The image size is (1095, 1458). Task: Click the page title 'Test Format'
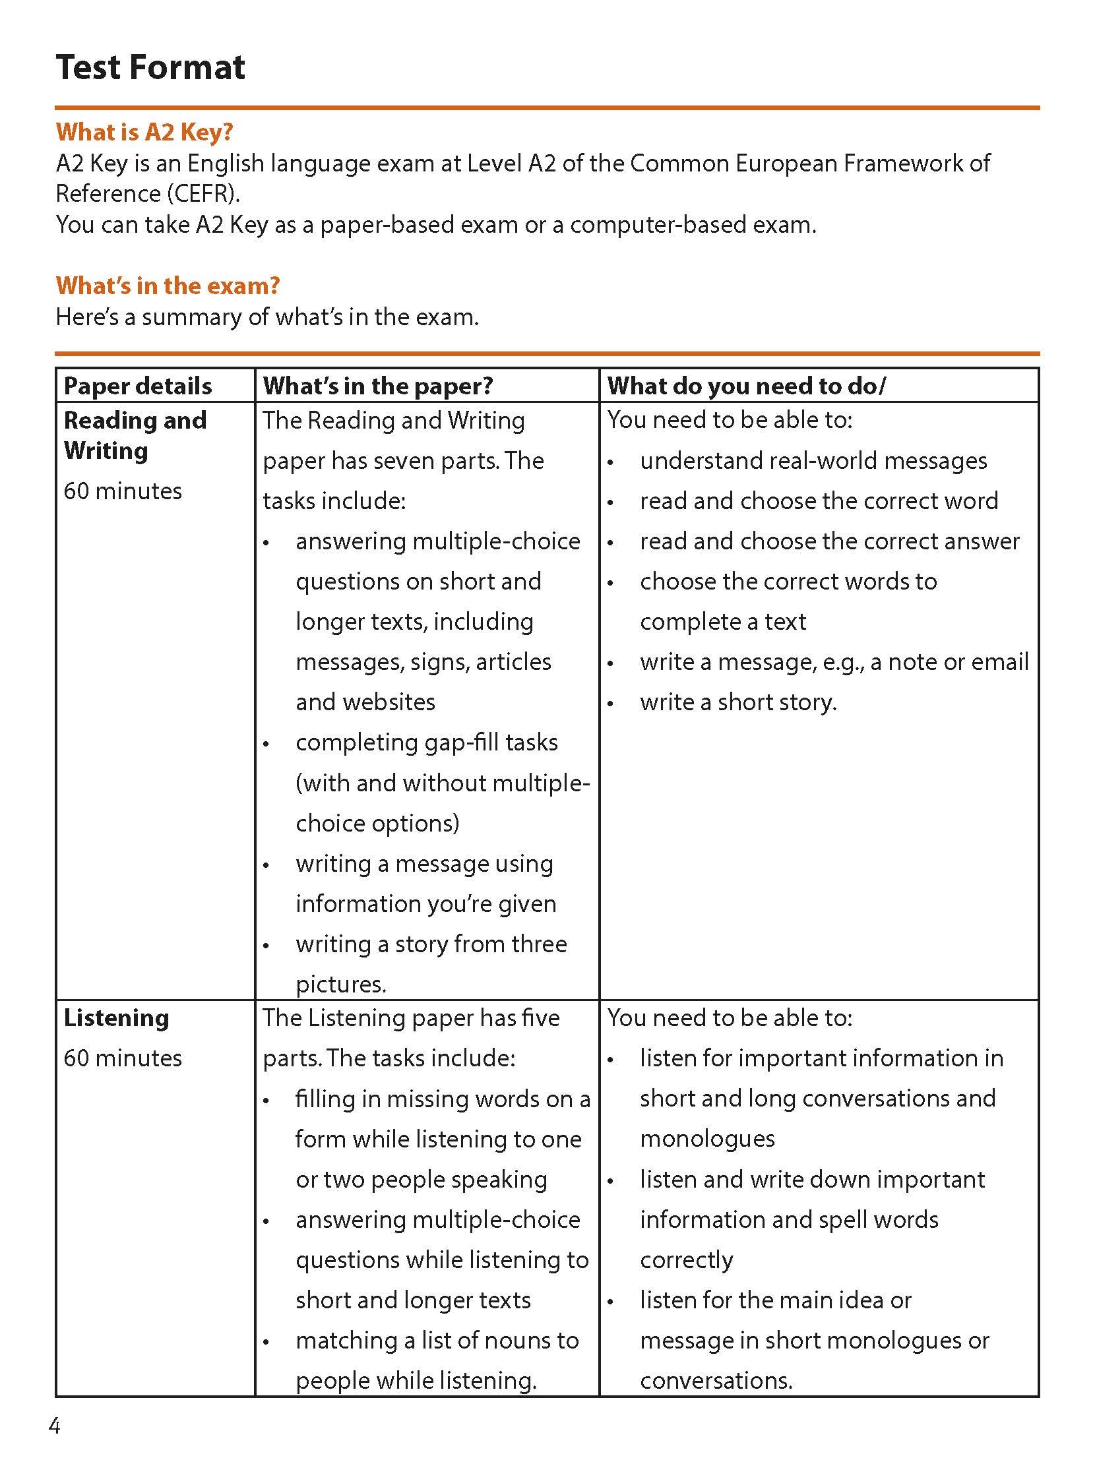pyautogui.click(x=150, y=67)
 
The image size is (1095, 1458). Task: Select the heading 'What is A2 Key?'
pyautogui.click(x=144, y=132)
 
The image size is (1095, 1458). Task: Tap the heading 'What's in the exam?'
pyautogui.click(x=168, y=286)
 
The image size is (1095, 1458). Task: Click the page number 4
pyautogui.click(x=55, y=1426)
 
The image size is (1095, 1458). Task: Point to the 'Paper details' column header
pyautogui.click(x=138, y=386)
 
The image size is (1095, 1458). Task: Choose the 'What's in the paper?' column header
pyautogui.click(x=377, y=386)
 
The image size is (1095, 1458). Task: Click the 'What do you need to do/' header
pyautogui.click(x=747, y=386)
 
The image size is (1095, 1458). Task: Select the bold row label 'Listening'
pyautogui.click(x=116, y=1018)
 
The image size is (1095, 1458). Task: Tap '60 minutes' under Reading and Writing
pyautogui.click(x=123, y=491)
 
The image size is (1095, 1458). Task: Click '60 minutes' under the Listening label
pyautogui.click(x=123, y=1058)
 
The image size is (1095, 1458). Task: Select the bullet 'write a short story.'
pyautogui.click(x=738, y=702)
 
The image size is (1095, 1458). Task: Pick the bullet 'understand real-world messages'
pyautogui.click(x=813, y=461)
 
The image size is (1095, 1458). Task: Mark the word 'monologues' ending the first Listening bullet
pyautogui.click(x=707, y=1139)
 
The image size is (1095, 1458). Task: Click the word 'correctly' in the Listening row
pyautogui.click(x=686, y=1260)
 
